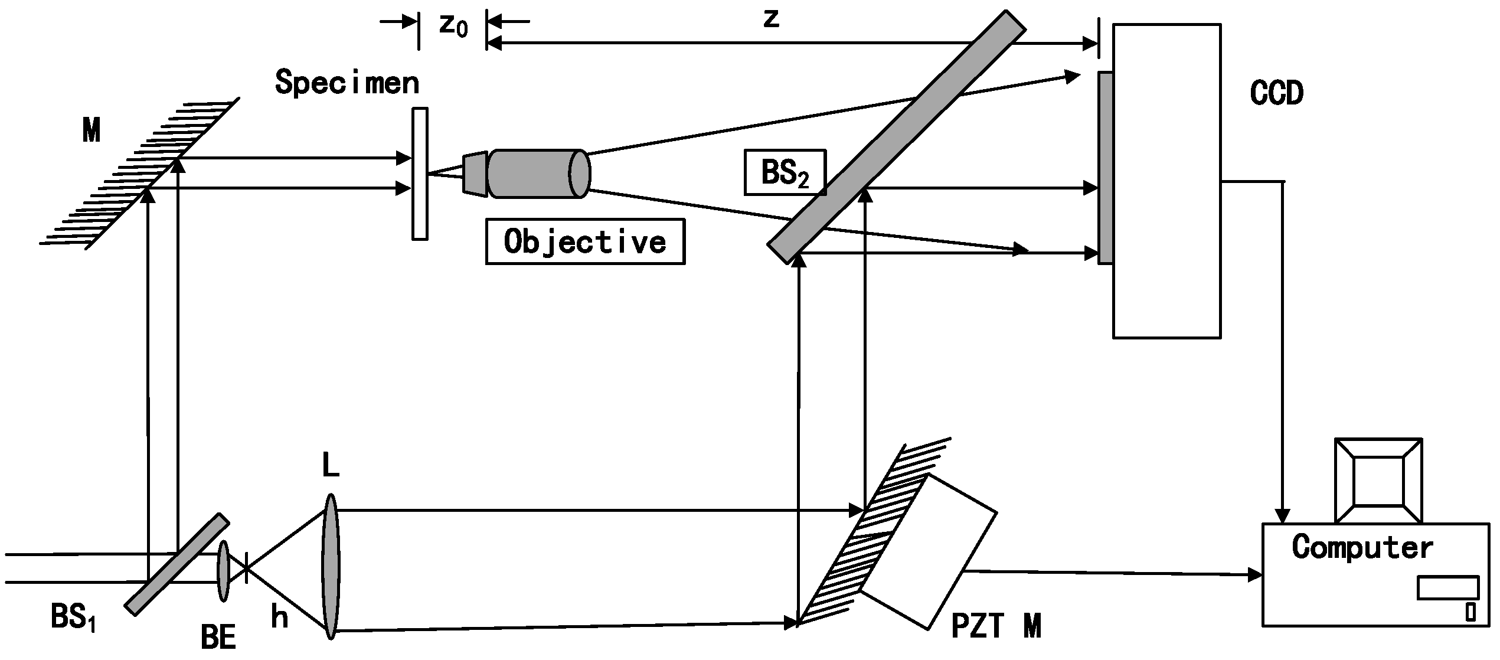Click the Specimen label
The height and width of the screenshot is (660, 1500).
(347, 83)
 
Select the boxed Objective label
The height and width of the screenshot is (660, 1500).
(585, 241)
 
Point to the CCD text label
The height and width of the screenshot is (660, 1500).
(1276, 93)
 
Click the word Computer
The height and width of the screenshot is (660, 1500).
(1362, 547)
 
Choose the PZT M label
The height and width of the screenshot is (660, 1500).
(996, 626)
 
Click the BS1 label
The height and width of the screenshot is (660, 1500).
(73, 618)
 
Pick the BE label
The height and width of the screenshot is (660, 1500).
(218, 638)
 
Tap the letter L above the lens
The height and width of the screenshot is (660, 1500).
(331, 466)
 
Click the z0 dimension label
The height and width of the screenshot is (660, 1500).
(453, 25)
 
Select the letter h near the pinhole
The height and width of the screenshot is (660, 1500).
(279, 617)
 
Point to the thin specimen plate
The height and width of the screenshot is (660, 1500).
(420, 174)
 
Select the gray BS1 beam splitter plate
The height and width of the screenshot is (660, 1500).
(177, 564)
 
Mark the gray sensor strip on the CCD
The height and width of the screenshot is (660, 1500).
(1106, 168)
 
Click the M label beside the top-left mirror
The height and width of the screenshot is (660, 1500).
(91, 130)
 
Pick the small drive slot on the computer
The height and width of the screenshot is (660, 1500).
(1447, 588)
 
